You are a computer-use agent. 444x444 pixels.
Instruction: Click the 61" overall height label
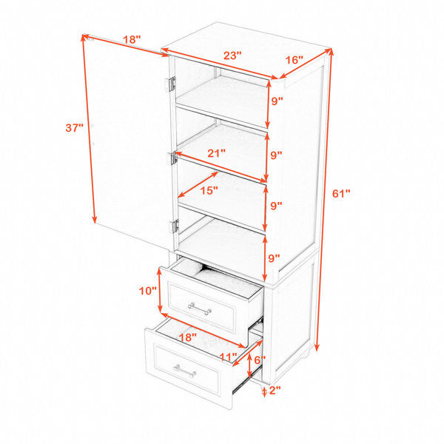(x=341, y=194)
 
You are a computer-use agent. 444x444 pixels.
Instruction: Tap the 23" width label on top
(x=232, y=55)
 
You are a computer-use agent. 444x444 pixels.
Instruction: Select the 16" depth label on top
(x=294, y=60)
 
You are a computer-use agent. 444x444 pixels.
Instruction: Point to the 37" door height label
(x=75, y=128)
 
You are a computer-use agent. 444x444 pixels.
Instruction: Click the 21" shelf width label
(x=216, y=153)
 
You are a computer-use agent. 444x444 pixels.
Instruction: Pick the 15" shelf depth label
(x=209, y=191)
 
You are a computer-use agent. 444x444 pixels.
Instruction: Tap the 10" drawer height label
(x=147, y=291)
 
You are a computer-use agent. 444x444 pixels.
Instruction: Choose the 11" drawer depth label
(x=228, y=357)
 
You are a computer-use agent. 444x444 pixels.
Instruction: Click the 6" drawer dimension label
(x=260, y=360)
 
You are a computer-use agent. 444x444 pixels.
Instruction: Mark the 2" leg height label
(x=275, y=391)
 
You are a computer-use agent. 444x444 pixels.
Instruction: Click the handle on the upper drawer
(x=200, y=309)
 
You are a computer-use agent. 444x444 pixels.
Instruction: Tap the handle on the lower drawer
(x=184, y=371)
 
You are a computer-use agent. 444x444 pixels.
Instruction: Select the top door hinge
(x=171, y=84)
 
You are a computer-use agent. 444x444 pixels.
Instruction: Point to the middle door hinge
(x=172, y=159)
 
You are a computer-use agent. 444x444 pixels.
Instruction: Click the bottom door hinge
(x=175, y=226)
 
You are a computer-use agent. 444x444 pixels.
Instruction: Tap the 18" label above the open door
(x=132, y=40)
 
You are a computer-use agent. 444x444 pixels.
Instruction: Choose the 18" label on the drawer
(x=188, y=337)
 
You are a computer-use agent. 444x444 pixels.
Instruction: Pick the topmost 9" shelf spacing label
(x=277, y=101)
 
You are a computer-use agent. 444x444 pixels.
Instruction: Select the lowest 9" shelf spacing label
(x=274, y=258)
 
